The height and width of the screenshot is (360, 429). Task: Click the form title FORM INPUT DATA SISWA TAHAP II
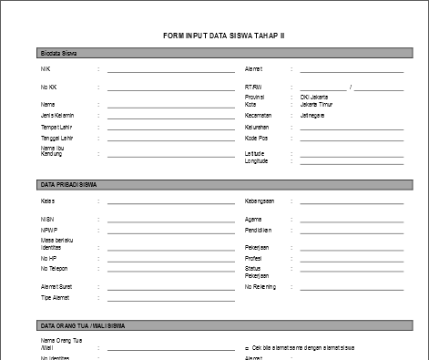(x=223, y=36)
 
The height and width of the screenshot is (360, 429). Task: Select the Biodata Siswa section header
(x=58, y=55)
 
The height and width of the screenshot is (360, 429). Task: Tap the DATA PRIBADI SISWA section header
(x=69, y=185)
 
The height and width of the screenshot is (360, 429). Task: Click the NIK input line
(x=170, y=70)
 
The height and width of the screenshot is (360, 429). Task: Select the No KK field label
(x=49, y=87)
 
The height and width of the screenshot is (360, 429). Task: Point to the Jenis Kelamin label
(x=57, y=116)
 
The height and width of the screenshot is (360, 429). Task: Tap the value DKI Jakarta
(x=314, y=97)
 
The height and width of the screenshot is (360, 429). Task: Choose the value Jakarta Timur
(x=317, y=104)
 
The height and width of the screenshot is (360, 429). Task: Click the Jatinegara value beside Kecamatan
(x=313, y=116)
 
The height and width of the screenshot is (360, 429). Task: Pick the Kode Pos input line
(x=352, y=139)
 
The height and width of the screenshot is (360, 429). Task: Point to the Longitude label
(x=257, y=161)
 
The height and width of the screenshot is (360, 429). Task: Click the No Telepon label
(x=56, y=269)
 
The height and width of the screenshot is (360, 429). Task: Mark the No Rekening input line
(x=352, y=288)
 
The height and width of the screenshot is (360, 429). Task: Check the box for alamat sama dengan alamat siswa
(x=247, y=348)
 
